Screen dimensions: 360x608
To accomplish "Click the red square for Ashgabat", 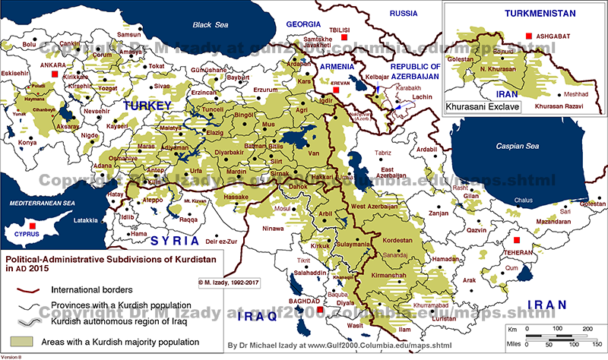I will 528,36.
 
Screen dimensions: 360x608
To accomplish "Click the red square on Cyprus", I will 31,227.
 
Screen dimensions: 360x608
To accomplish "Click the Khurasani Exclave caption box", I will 483,107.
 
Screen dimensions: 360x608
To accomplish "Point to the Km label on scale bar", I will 514,328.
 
